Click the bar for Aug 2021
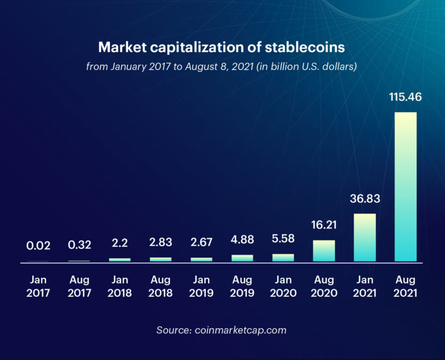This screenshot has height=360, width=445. coord(405,187)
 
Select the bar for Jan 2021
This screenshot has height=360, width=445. coord(364,238)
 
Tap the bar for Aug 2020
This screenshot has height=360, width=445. coord(324,251)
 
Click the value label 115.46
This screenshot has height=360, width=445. coord(405,97)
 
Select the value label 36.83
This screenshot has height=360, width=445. coord(364,199)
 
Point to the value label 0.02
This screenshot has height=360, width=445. coord(38,246)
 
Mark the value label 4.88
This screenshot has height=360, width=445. coord(242,239)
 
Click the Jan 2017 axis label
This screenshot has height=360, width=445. coord(38,286)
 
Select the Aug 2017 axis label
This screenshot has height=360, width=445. coord(79,286)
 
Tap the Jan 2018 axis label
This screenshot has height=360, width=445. coord(119,286)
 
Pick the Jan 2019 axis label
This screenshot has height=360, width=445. coord(201,286)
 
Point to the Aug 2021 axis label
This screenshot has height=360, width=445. coord(405,286)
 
